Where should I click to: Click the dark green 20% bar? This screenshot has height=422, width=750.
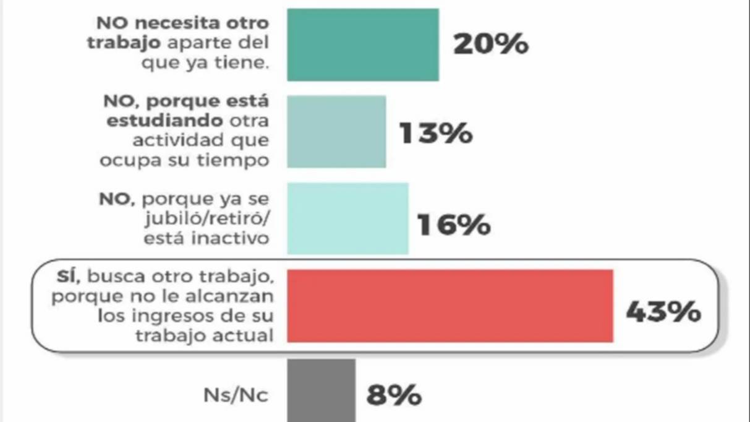tap(362, 45)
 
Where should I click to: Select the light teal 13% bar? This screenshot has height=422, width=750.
tap(336, 131)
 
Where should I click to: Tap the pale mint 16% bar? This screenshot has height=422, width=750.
tap(347, 218)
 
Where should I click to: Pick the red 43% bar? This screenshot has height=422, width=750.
tap(450, 306)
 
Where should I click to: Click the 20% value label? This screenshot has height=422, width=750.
tap(491, 45)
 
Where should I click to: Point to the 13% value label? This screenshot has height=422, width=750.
tap(436, 132)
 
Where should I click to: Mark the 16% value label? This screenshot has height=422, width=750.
tap(454, 225)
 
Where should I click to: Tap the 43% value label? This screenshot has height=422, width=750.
tap(663, 312)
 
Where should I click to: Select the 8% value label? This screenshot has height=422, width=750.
tap(394, 395)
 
